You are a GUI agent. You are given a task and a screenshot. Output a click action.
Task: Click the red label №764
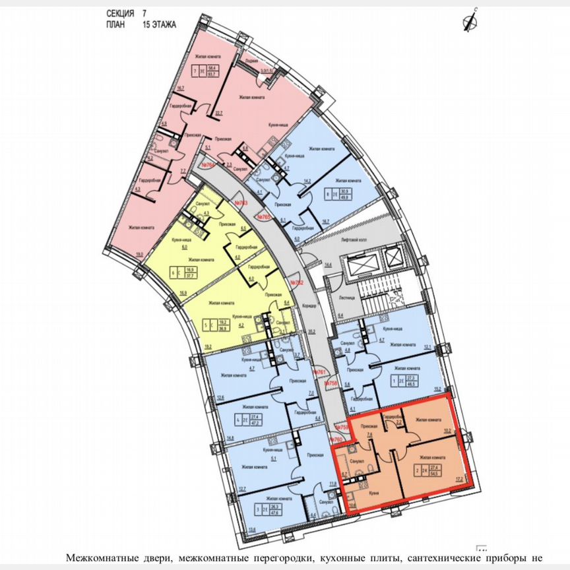coord(208,164)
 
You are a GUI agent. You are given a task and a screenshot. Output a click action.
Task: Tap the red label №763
coord(241,204)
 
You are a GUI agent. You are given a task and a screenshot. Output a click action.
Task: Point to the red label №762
coord(298,283)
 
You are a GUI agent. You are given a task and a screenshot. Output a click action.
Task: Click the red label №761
coord(321,373)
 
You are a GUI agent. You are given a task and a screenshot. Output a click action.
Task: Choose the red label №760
coord(336,439)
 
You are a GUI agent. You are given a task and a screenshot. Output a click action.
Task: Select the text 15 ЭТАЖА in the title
coord(163,24)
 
